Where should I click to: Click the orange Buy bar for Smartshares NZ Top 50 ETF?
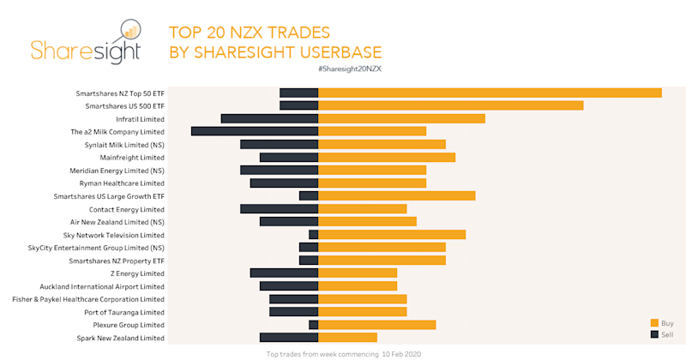coord(490,93)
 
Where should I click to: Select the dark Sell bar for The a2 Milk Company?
coord(255,131)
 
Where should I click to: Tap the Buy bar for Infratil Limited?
coord(401,118)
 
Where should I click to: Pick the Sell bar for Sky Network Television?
coord(314,234)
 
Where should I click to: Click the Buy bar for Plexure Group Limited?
coord(377,325)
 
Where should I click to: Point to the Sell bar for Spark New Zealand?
coord(289,338)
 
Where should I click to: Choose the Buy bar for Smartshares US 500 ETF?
coord(451,105)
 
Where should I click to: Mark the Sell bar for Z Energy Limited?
coord(284,273)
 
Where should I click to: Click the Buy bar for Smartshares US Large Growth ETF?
coord(397,195)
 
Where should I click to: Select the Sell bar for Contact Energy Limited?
coord(280,208)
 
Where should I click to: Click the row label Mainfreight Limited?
coord(132,158)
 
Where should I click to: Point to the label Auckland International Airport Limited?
coord(102,286)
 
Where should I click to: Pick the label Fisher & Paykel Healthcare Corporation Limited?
coord(88,299)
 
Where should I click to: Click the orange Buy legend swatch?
coord(654,322)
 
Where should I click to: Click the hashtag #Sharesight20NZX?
coord(350,68)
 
